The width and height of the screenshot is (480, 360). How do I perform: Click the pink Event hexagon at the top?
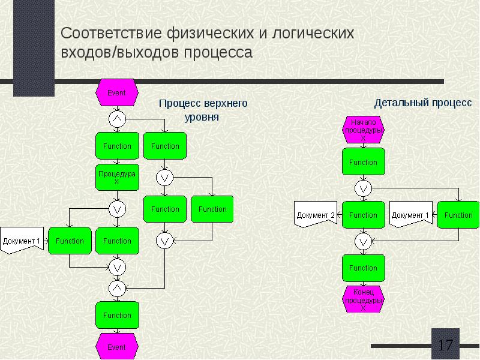116,93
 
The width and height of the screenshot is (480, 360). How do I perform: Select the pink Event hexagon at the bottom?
116,347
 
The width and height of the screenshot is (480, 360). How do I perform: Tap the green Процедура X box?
117,177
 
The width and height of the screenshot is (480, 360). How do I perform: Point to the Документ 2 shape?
315,215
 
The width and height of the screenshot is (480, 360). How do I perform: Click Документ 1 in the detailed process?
410,215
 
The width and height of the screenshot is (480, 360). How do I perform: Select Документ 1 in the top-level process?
22,241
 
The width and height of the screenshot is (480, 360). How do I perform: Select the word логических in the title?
314,34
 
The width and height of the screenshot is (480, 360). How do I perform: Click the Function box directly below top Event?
117,146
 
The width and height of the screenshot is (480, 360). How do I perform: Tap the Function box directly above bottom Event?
117,315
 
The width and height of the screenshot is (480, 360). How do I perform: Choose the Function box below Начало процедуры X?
363,162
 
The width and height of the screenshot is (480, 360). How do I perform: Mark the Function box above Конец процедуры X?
363,268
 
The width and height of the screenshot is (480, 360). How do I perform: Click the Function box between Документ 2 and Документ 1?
363,215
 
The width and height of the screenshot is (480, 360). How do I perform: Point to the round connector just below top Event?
117,118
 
